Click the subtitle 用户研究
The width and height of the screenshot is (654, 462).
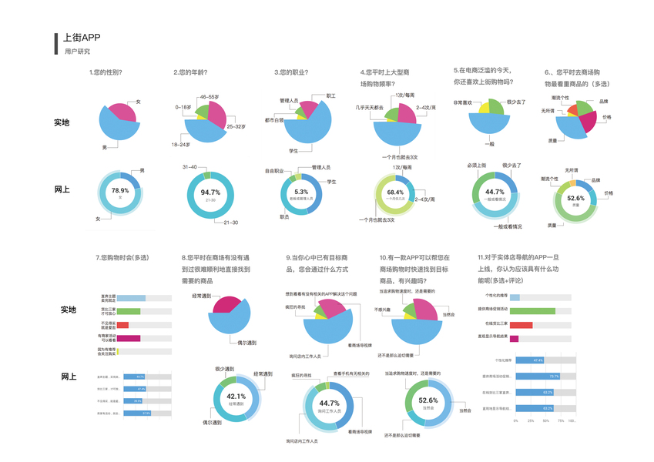77,52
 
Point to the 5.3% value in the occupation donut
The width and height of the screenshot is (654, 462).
301,192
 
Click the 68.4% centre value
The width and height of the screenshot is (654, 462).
395,192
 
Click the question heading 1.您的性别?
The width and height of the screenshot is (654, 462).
106,72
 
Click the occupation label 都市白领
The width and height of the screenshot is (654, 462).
274,120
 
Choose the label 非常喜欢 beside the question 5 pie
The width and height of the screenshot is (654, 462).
462,102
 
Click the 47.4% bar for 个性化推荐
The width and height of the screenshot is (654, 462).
528,360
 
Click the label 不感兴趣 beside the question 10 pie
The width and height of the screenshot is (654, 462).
384,310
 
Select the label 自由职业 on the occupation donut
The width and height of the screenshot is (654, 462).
275,170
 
